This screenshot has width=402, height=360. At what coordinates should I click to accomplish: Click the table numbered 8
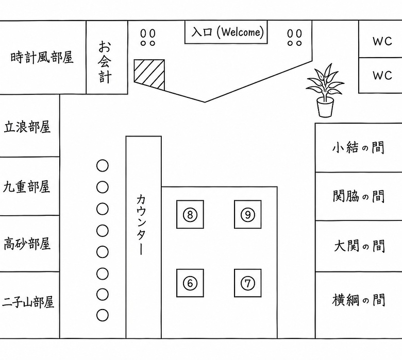point(190,214)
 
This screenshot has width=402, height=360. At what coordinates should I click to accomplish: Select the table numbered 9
point(248,214)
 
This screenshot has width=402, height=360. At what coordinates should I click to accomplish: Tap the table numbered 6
point(190,283)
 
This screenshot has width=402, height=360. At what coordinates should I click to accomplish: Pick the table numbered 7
point(248,283)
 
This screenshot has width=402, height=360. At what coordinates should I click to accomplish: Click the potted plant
point(325,91)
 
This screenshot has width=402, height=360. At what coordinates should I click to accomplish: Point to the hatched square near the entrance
point(149,75)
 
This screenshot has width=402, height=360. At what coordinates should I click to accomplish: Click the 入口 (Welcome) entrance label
point(227,32)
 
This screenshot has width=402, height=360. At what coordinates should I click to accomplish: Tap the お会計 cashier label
point(105,62)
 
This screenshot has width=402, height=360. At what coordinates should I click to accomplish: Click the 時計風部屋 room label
point(42,57)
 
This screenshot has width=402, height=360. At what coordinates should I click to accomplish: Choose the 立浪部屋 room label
point(27,127)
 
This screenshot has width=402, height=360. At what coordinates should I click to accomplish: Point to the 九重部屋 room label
point(26,186)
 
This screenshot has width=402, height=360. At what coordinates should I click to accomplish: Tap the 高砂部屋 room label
point(27,244)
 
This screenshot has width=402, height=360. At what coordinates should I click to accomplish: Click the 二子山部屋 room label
point(28,302)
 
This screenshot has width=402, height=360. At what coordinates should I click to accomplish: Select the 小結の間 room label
point(358,148)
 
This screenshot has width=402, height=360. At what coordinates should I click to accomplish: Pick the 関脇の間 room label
point(359,196)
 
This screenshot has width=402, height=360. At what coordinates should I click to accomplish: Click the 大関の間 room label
point(359,246)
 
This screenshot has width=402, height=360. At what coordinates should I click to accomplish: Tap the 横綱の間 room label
point(359,300)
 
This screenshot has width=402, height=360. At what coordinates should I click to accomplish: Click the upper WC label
point(382,41)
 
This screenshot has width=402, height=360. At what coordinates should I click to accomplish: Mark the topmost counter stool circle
point(102,166)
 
